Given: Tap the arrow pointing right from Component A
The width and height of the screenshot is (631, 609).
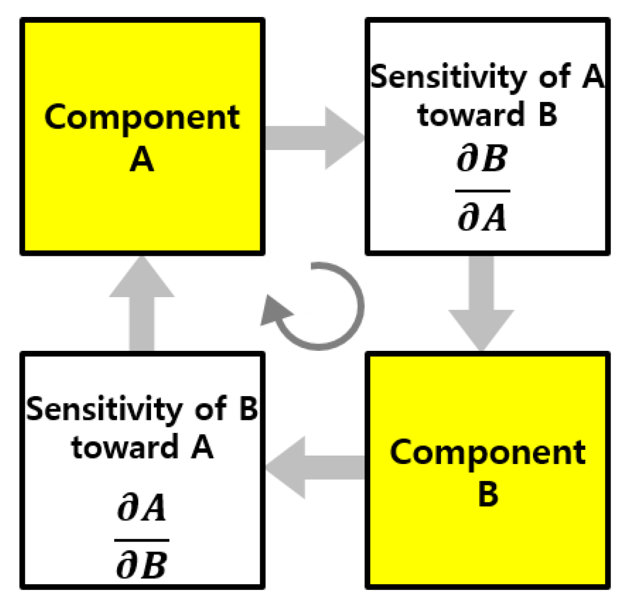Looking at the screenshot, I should tap(315, 138).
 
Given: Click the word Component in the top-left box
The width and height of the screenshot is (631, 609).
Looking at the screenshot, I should tap(141, 118).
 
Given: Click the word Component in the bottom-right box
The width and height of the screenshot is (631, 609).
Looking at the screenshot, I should tap(488, 453).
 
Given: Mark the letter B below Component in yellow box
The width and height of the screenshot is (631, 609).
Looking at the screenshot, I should tap(488, 494).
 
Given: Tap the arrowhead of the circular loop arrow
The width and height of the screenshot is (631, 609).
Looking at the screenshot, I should tap(274, 312).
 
